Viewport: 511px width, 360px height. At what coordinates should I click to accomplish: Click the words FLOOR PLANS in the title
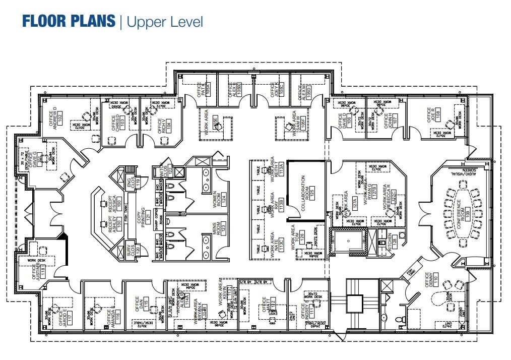pos(68,22)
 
